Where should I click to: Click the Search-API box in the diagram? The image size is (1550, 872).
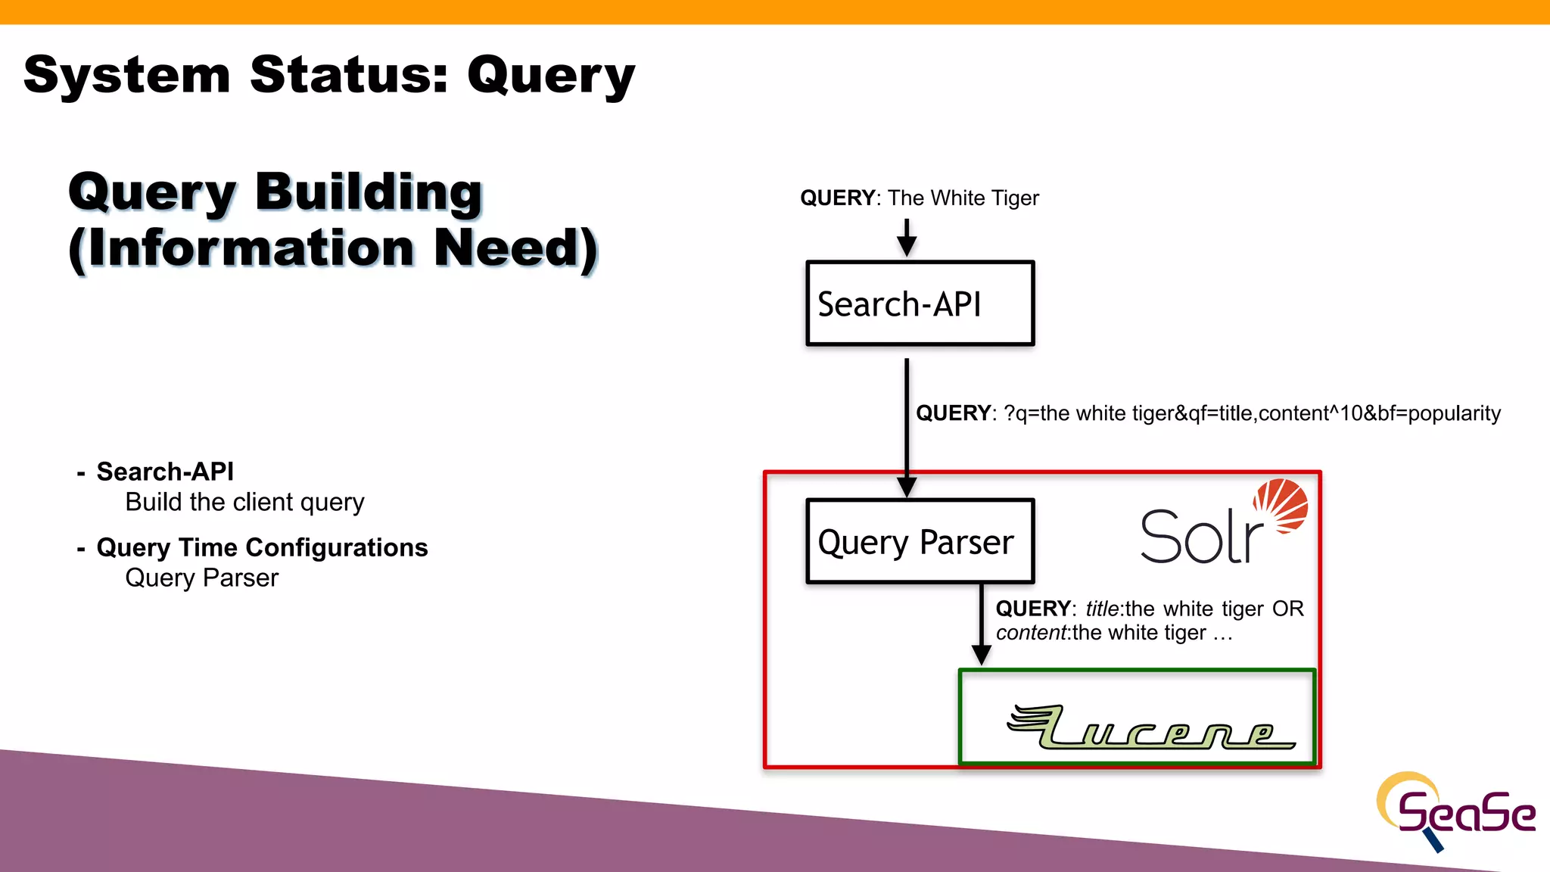click(x=920, y=304)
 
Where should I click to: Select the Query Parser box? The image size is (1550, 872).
click(x=920, y=541)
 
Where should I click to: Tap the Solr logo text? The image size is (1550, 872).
click(x=1201, y=537)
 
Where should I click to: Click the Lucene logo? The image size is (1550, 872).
click(x=1150, y=727)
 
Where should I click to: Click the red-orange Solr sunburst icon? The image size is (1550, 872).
click(x=1281, y=505)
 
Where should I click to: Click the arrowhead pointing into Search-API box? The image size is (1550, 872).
click(x=907, y=245)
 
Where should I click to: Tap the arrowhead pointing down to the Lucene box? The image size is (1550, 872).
click(x=981, y=655)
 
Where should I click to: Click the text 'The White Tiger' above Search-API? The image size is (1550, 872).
click(x=963, y=198)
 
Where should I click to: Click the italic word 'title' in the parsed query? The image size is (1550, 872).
click(x=1102, y=609)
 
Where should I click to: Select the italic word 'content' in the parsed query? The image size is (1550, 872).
click(x=1030, y=633)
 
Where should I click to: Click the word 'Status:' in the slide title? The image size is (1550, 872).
click(x=349, y=75)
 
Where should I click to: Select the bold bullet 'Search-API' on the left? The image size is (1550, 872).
click(x=165, y=472)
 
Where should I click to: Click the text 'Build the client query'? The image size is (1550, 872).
click(x=244, y=502)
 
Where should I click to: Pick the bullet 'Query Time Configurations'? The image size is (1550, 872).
click(x=262, y=547)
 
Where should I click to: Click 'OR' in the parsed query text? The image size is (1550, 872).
click(x=1287, y=609)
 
